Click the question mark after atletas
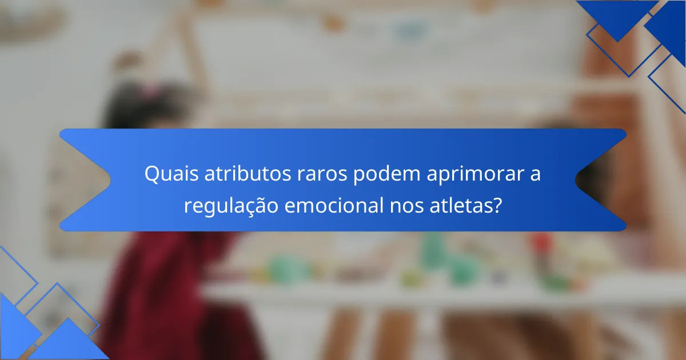498,204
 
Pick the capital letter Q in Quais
151,174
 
